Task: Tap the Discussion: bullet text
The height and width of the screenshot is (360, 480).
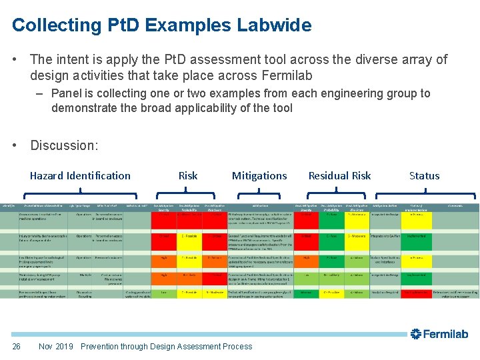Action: pos(64,145)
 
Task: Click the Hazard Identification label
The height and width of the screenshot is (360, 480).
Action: pos(80,176)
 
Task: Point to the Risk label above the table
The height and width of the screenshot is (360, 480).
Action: pos(188,176)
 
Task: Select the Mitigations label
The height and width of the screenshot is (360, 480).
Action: pos(259,176)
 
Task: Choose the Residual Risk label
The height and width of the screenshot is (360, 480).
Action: pos(339,176)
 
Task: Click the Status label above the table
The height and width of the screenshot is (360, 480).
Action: pos(424,176)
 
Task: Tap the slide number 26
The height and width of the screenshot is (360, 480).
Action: pos(17,346)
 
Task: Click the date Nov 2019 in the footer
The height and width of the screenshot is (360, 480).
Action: pos(56,346)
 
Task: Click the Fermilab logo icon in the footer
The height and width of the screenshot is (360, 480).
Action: pos(415,334)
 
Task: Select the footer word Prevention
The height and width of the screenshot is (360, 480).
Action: pos(103,346)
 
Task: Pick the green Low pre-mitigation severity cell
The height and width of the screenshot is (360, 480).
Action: pos(163,293)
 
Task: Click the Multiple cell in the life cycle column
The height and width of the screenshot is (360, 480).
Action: pos(85,275)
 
